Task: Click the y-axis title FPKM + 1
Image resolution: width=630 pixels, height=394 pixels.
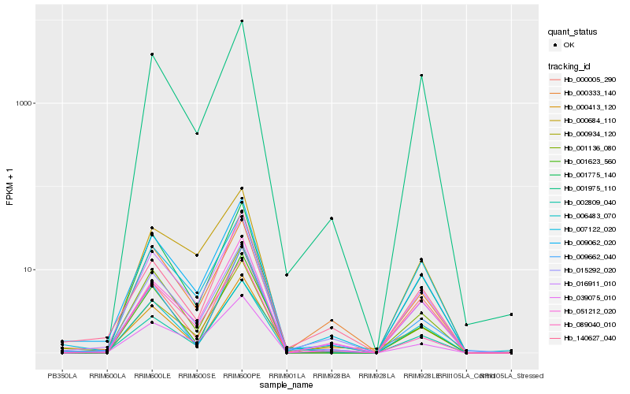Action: pyautogui.click(x=10, y=188)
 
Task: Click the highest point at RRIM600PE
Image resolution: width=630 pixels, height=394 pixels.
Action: pyautogui.click(x=242, y=21)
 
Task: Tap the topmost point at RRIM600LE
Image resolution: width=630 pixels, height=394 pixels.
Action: pyautogui.click(x=152, y=54)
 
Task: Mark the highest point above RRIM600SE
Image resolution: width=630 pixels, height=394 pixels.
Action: pyautogui.click(x=197, y=133)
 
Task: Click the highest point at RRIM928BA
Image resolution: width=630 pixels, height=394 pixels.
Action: pyautogui.click(x=332, y=218)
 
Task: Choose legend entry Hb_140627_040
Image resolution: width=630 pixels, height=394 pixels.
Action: pyautogui.click(x=590, y=337)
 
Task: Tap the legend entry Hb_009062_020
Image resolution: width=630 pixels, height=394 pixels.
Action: pyautogui.click(x=590, y=243)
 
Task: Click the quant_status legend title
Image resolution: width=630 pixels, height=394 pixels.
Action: pyautogui.click(x=573, y=32)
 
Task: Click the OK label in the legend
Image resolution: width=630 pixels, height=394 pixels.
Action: pyautogui.click(x=569, y=46)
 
